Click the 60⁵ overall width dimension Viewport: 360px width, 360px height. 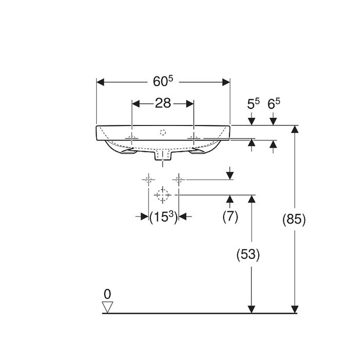(163, 81)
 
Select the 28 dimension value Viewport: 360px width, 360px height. (163, 103)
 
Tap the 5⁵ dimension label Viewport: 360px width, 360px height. (253, 103)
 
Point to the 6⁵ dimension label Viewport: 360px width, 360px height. (274, 103)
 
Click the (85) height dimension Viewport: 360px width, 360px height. (294, 220)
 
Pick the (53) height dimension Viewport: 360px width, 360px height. (248, 255)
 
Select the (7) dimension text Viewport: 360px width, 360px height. (230, 217)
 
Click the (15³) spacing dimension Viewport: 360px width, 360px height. (164, 217)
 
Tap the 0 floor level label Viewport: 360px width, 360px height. (107, 294)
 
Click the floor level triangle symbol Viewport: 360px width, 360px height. (107, 307)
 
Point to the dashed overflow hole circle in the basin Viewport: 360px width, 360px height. (163, 132)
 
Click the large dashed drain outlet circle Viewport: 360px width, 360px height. (163, 195)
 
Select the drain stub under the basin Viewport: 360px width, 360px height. (163, 155)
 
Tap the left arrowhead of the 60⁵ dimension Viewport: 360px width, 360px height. (100, 82)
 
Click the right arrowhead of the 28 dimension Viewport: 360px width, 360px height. (190, 104)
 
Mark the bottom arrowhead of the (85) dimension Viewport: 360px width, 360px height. (295, 309)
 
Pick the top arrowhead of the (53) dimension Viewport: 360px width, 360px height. (252, 199)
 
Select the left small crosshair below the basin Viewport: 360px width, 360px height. (149, 179)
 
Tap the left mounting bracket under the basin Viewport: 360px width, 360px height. (129, 151)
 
